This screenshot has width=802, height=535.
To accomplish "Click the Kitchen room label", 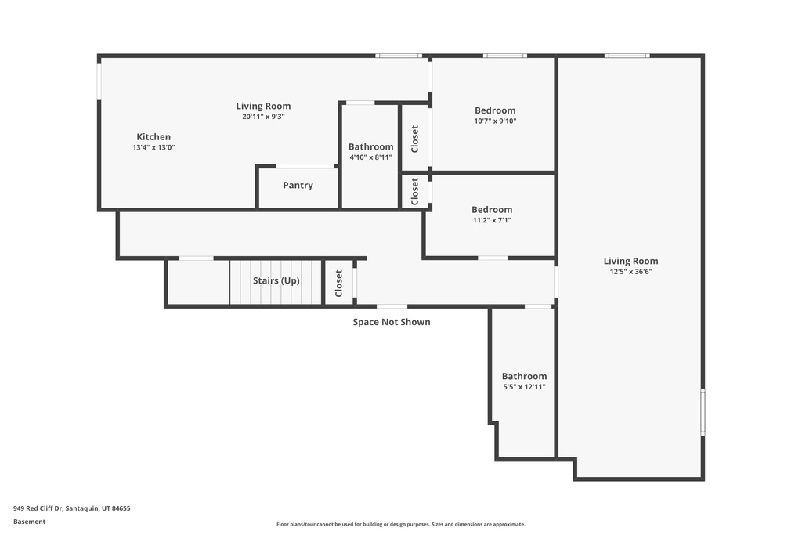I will pos(154,137).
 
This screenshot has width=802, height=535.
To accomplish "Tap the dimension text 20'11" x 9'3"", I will pos(263,117).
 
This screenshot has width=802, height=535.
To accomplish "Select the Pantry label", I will pos(298,186).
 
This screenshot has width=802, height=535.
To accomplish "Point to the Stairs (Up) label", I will pos(276,280).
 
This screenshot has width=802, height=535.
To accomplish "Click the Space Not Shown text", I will pos(391,322).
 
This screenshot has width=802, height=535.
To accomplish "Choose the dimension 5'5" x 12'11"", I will pos(524,387).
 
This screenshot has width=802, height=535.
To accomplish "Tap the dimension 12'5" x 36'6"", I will pos(630,272).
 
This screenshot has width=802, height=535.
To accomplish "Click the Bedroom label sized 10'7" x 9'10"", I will pos(495,110).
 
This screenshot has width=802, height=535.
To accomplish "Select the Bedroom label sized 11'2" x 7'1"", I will pos(492,210).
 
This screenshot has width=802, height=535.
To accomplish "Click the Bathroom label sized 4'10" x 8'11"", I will pos(370,147).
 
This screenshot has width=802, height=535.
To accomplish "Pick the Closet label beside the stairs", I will pos(339,283).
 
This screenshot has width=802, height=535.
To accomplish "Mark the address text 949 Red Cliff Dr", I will pos(71,508).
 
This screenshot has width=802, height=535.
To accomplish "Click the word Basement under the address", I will pos(30,522).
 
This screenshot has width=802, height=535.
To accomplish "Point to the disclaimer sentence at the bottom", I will pos(400,525).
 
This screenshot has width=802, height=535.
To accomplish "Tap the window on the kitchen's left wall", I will pos(99,81).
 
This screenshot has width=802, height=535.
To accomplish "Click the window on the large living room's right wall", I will pos(703,412).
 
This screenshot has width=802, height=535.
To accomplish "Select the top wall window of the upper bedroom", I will pos(504,56).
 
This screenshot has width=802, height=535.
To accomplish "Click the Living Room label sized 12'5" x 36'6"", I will pos(630,261).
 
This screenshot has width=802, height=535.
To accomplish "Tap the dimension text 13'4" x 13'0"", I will pos(154,147).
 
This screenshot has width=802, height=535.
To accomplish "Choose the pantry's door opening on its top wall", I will pos(305,166).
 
